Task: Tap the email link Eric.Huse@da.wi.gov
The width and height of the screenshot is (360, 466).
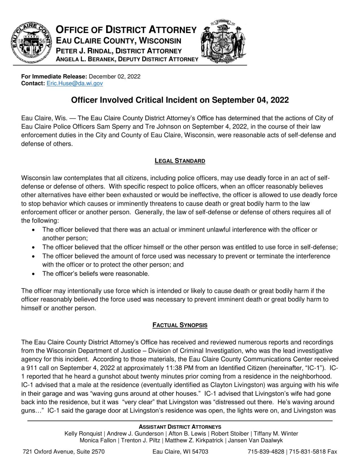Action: tap(75, 83)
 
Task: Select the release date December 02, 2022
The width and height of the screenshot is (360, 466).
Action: tap(114, 77)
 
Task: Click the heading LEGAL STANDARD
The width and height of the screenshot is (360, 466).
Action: tap(180, 161)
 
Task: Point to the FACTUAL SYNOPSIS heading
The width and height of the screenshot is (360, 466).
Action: tap(180, 325)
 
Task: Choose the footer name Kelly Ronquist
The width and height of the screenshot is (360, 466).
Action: tap(83, 434)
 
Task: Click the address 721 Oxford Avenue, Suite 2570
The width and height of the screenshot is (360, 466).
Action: tap(63, 452)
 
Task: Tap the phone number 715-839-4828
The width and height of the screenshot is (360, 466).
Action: tap(266, 452)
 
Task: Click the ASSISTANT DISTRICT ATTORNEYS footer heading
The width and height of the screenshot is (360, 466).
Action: tap(180, 427)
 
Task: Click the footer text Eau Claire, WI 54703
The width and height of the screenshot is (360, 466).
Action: tap(180, 452)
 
